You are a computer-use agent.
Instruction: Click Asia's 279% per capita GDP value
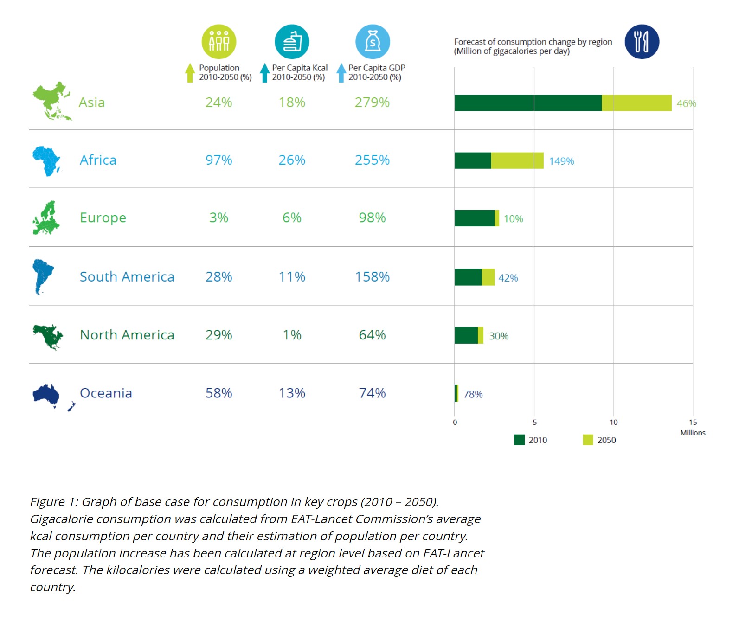coord(372,102)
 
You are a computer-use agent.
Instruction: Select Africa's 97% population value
coord(218,160)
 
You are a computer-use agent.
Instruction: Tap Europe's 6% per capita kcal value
coord(292,218)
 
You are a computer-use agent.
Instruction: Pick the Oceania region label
coord(106,393)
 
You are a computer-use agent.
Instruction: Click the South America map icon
coord(43,276)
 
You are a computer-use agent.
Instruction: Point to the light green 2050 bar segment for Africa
coord(517,160)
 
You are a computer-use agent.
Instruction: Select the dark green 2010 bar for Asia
coord(527,103)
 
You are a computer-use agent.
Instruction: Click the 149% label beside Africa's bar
coord(561,161)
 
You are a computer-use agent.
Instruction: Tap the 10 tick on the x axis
coord(613,422)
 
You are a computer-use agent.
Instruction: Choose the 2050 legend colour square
coord(588,440)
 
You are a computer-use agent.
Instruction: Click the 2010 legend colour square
coord(519,440)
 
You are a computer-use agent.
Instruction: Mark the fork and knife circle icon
coord(642,42)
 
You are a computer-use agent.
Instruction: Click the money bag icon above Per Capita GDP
coord(373,42)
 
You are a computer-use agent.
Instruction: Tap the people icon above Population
coord(219,42)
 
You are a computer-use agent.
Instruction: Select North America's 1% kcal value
coord(292,335)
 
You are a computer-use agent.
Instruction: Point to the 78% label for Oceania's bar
coord(473,394)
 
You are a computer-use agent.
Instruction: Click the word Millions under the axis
coord(693,433)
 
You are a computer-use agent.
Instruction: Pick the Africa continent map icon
coord(46,160)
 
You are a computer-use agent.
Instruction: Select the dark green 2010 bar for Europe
coord(474,218)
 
